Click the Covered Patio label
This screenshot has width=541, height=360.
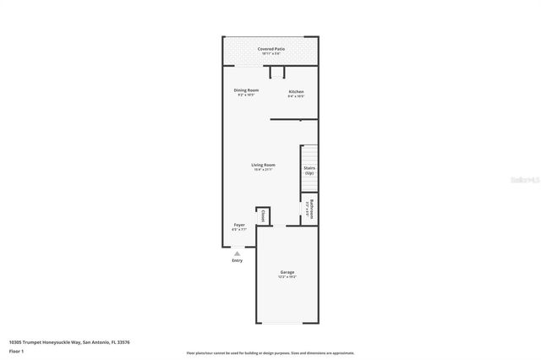click(x=270, y=49)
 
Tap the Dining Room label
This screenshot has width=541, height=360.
click(x=246, y=90)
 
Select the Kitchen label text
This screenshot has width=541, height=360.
click(x=296, y=91)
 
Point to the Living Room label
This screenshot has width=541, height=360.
click(x=263, y=165)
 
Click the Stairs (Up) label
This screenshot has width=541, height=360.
click(x=309, y=170)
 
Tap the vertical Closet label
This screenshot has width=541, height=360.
click(x=264, y=215)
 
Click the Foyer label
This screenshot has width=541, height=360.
click(x=239, y=225)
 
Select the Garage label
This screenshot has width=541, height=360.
click(x=287, y=272)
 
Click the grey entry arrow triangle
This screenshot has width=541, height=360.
click(x=238, y=253)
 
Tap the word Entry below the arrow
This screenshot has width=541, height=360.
click(x=238, y=260)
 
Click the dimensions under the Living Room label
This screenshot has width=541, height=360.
click(x=263, y=170)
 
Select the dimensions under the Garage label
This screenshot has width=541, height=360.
click(x=287, y=277)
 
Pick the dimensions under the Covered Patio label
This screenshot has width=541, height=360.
click(x=270, y=54)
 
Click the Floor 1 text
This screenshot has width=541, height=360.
click(x=16, y=351)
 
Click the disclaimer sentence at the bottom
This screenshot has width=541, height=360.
click(x=270, y=353)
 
